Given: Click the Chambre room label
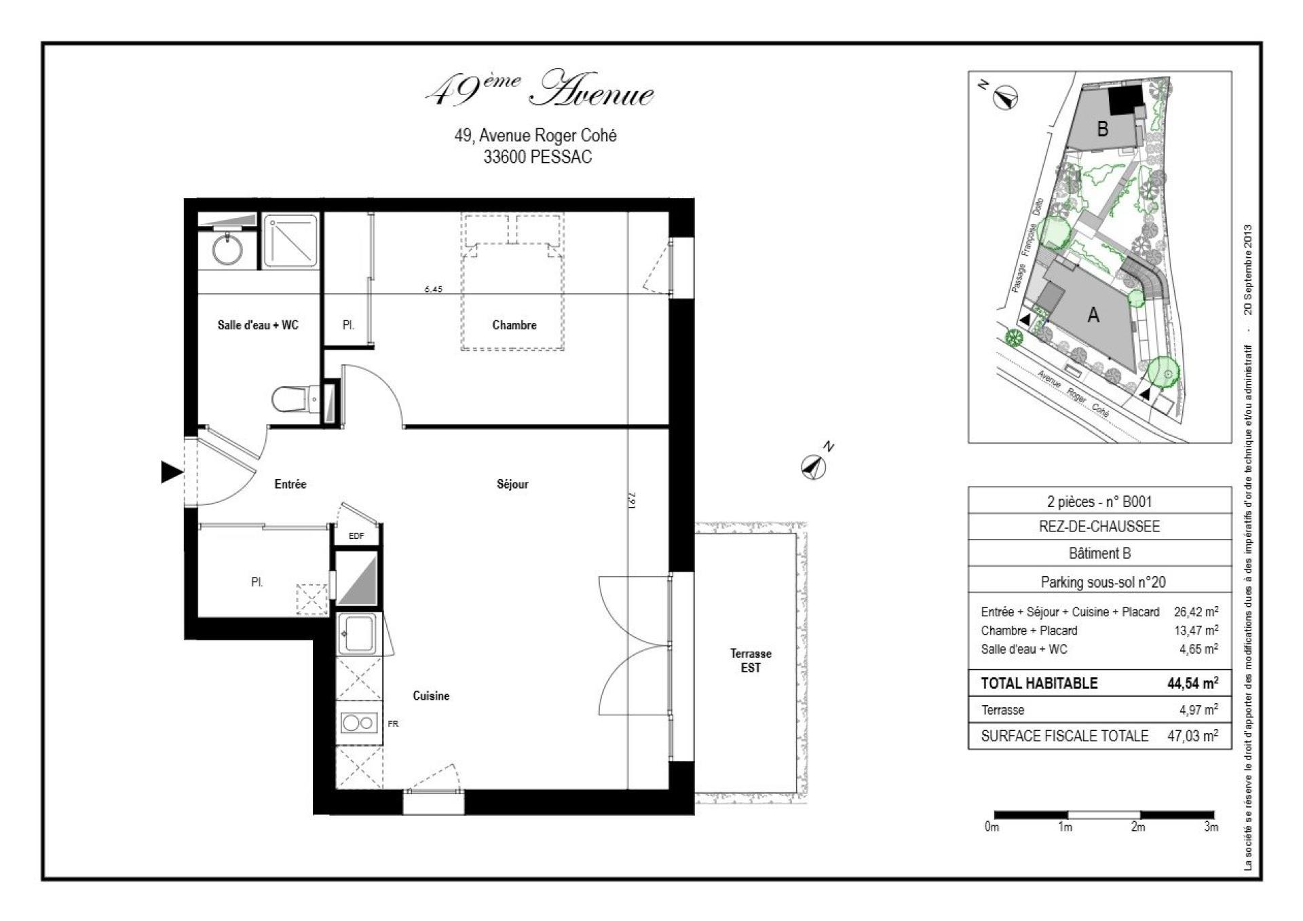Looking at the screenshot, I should pyautogui.click(x=514, y=325).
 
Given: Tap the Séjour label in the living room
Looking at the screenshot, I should pyautogui.click(x=512, y=484).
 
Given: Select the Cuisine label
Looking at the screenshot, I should pyautogui.click(x=431, y=696).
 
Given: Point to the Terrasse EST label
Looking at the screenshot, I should pyautogui.click(x=750, y=660).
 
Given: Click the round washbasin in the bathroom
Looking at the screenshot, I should pyautogui.click(x=227, y=249).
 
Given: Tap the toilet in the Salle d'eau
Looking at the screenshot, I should pyautogui.click(x=290, y=400).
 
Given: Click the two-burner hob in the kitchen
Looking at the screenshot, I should pyautogui.click(x=359, y=723).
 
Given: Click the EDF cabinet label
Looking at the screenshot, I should pyautogui.click(x=356, y=535).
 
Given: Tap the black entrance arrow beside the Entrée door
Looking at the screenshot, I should pyautogui.click(x=171, y=472).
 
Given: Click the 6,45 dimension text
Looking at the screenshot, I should pyautogui.click(x=433, y=288).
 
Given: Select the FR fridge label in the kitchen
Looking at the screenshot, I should pyautogui.click(x=393, y=723).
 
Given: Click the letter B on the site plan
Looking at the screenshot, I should pyautogui.click(x=1103, y=128).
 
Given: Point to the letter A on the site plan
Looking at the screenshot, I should pyautogui.click(x=1093, y=315).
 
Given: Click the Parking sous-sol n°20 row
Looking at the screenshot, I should pyautogui.click(x=1099, y=582).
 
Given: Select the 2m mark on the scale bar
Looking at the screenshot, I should pyautogui.click(x=1138, y=827).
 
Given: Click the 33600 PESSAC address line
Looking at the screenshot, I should pyautogui.click(x=537, y=157).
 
